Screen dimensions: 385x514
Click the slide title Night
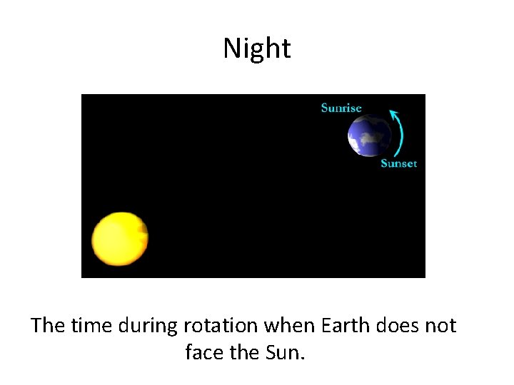point(256,48)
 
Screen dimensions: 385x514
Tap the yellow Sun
point(120,239)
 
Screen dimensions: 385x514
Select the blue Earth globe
point(370,135)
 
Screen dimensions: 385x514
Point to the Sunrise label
point(341,108)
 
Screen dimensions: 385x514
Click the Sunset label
point(398,163)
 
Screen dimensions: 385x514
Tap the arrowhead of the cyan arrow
point(391,113)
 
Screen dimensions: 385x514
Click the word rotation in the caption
point(220,326)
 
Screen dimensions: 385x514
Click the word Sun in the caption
point(288,352)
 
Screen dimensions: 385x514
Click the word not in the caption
point(443,326)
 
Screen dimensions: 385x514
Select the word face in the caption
point(204,352)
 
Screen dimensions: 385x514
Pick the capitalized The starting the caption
point(48,326)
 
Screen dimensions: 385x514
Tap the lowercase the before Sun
point(246,352)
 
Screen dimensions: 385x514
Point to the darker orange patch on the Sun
point(142,230)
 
